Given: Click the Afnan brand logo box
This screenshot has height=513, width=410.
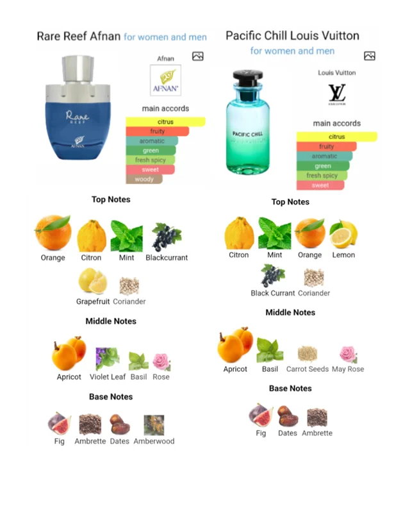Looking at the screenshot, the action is (x=165, y=80).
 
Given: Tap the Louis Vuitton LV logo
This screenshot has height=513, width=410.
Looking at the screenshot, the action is (x=337, y=93).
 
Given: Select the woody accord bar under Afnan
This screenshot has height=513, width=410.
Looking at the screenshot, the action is (x=144, y=180).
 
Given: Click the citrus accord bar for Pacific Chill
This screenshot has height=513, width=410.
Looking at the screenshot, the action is (x=337, y=137).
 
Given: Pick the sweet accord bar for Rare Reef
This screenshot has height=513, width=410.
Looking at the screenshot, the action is (x=151, y=169).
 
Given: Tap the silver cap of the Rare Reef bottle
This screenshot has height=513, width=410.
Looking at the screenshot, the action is (x=78, y=69).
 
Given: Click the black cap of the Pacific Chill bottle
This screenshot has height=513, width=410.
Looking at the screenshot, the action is (x=247, y=78).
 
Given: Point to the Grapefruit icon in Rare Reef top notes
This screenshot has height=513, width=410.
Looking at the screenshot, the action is (x=93, y=281).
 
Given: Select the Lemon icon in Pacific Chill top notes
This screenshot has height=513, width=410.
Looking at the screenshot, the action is (x=343, y=234).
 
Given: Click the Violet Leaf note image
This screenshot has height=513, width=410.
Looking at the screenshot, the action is (x=107, y=358).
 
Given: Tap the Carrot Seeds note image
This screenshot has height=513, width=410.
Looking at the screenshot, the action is (x=307, y=354).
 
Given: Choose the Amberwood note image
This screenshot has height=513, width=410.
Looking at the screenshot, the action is (x=154, y=425).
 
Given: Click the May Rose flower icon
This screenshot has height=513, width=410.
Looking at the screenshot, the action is (x=348, y=355).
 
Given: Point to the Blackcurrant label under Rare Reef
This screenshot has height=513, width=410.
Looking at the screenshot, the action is (x=167, y=258).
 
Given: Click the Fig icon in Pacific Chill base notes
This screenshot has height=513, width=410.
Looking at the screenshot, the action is (x=261, y=415).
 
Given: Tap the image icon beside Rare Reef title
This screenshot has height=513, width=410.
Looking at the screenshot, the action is (x=198, y=56).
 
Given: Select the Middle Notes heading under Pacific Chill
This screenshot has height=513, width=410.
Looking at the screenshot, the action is (x=290, y=312).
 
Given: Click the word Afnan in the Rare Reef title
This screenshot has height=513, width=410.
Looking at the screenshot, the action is (x=105, y=37).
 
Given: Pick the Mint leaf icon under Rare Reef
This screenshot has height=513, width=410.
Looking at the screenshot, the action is (x=127, y=236).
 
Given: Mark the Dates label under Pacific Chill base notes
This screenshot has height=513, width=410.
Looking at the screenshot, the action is (x=288, y=433).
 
